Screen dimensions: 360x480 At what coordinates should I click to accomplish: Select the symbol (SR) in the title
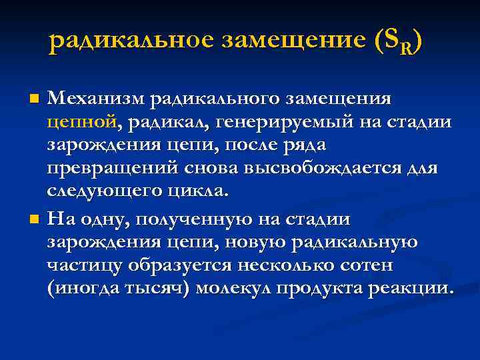395,42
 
